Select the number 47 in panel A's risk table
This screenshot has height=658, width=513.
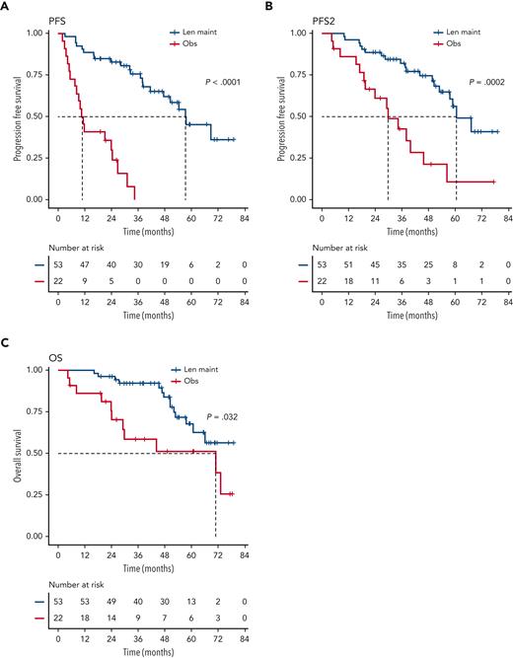(x=84, y=266)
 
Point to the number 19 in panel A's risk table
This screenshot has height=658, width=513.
(x=156, y=266)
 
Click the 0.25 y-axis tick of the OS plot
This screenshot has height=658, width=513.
(x=35, y=494)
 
